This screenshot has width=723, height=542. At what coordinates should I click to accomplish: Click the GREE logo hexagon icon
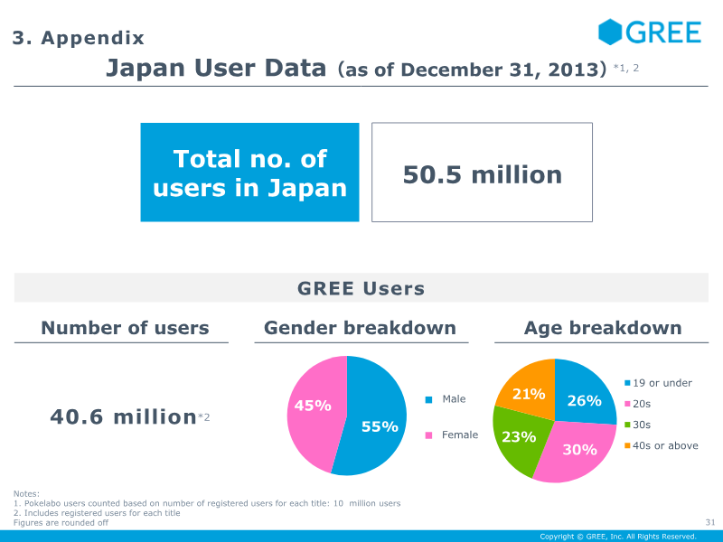[x=610, y=33]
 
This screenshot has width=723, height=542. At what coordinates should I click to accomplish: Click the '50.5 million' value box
[x=482, y=173]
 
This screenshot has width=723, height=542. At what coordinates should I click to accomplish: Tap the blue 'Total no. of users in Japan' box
[x=249, y=173]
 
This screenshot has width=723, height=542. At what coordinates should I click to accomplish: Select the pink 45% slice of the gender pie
[x=313, y=406]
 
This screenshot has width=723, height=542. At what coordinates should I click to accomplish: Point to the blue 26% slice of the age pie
[x=584, y=399]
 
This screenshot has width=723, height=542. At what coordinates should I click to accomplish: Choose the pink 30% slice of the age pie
[x=578, y=449]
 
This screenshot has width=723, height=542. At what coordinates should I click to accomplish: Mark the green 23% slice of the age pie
[x=519, y=437]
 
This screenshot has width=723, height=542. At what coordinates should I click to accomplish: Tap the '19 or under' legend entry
[x=660, y=383]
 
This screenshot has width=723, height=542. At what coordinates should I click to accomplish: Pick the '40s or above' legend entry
[x=662, y=445]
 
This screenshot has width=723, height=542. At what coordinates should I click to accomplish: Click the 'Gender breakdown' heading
[x=360, y=328]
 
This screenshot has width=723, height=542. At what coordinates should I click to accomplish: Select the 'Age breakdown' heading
[x=603, y=328]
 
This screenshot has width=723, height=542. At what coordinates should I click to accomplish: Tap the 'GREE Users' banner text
[x=361, y=289]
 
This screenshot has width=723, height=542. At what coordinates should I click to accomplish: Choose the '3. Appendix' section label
[x=78, y=38]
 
